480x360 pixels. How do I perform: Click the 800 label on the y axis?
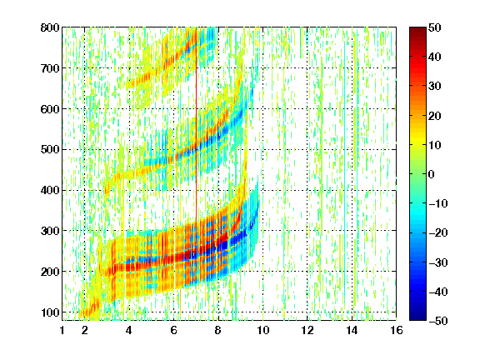(50, 27)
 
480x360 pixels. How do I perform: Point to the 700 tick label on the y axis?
(50, 68)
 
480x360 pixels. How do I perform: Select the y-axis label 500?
(50, 150)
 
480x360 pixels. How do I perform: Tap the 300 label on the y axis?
(50, 231)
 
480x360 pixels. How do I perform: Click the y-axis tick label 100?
(50, 312)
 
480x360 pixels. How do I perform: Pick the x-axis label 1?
(62, 330)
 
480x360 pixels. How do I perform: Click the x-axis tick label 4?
(129, 330)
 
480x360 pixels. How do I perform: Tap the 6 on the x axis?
(173, 330)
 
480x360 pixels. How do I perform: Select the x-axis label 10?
(262, 330)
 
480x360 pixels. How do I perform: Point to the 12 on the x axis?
(307, 330)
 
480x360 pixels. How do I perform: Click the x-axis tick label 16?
(397, 330)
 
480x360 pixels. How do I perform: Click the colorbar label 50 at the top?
(435, 27)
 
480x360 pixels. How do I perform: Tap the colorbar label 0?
(432, 174)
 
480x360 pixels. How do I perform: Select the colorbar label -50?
(438, 321)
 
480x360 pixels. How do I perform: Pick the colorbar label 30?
(435, 87)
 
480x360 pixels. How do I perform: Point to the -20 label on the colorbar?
(438, 233)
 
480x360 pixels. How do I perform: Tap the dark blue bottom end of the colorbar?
(417, 318)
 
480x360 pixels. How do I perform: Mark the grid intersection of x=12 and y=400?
(307, 190)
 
